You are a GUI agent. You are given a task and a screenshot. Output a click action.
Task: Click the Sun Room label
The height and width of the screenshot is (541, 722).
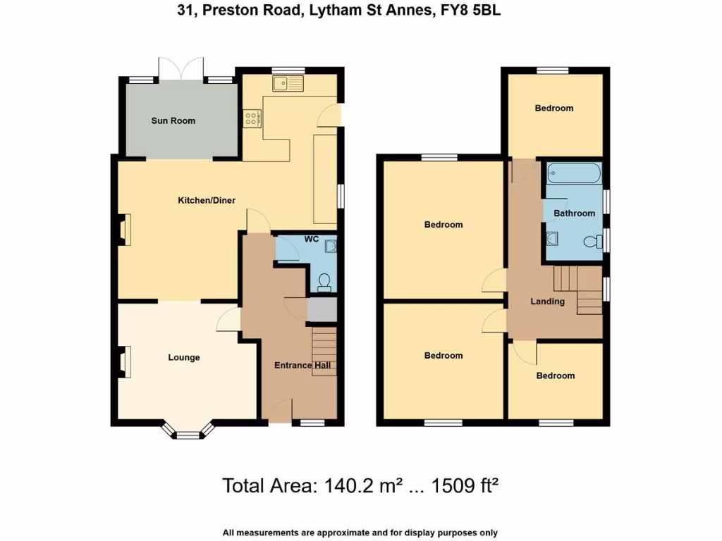pos(173,120)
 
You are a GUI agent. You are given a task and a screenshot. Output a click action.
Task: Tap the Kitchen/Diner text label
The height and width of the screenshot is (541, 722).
pos(206,201)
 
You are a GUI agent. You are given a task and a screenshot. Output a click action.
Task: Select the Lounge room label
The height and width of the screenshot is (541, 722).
pos(183,357)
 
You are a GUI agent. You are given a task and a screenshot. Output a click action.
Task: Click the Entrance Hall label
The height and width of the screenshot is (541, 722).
pos(302,365)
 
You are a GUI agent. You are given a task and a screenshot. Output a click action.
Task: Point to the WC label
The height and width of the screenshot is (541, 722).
pos(312,240)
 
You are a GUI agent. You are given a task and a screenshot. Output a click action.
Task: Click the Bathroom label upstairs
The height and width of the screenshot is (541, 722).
pos(574,213)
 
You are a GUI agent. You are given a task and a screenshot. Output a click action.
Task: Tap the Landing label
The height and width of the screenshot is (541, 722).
pos(547,301)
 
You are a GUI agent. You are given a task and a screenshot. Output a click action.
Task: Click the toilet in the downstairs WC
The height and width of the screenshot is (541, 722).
pos(324,282)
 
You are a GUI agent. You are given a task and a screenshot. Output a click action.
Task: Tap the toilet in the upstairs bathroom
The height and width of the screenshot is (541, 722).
pos(592,242)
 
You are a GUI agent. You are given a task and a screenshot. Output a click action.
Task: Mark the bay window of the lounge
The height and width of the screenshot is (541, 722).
pos(188,431)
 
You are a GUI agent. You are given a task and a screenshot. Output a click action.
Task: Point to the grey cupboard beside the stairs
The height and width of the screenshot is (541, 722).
pos(322,310)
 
